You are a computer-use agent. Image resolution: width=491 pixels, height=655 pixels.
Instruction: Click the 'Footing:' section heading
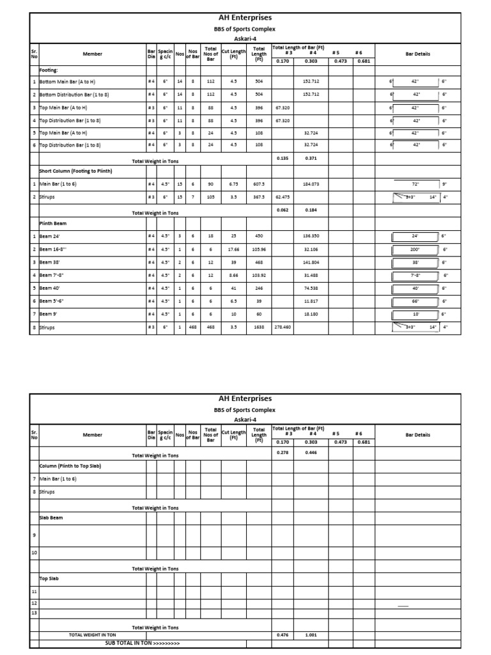pos(49,70)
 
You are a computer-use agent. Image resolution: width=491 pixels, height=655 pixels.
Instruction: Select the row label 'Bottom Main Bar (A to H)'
pos(66,82)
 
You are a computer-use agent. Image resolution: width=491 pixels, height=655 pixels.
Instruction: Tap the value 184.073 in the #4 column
pos(311,184)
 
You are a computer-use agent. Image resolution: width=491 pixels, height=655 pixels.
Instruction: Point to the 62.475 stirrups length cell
pos(283,197)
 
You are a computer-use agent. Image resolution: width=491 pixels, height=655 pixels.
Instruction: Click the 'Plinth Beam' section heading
pos(54,224)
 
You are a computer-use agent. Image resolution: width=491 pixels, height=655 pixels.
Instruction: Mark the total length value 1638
pos(259,327)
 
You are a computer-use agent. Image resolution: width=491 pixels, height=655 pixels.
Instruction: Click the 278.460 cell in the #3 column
pos(283,327)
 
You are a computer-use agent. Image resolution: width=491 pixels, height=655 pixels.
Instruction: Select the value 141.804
pos(311,262)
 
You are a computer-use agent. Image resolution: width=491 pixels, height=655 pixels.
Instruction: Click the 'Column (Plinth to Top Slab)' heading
pos(70,466)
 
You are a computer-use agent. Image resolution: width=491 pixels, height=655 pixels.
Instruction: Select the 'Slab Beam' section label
pos(51,517)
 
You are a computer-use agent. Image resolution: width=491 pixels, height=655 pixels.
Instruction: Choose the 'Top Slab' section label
pos(49,578)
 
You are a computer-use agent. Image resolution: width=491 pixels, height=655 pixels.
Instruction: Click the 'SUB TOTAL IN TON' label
pos(143,643)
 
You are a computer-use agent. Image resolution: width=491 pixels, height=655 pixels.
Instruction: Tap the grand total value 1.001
pos(311,635)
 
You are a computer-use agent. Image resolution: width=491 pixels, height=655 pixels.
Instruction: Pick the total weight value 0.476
pos(283,635)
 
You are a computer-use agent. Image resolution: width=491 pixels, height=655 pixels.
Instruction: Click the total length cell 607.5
pos(259,184)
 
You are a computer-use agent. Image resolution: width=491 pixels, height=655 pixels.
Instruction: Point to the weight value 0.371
pos(311,158)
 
